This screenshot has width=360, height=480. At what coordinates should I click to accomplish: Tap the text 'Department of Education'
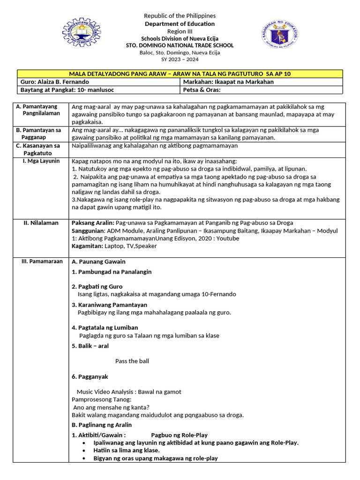(x=180, y=24)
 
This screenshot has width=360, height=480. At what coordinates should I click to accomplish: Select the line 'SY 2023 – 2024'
(x=180, y=60)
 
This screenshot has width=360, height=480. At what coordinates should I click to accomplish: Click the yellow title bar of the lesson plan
(x=180, y=74)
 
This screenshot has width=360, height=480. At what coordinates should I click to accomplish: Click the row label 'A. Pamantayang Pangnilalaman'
(x=41, y=110)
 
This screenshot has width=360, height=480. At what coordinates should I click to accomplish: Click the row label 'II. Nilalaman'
(x=41, y=223)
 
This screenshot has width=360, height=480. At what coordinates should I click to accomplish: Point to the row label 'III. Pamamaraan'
(x=42, y=262)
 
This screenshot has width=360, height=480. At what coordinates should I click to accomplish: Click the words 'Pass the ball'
(x=132, y=361)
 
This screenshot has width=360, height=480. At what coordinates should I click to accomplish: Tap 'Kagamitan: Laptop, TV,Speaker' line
(x=114, y=246)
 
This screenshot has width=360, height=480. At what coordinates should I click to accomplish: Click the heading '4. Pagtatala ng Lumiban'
(x=105, y=328)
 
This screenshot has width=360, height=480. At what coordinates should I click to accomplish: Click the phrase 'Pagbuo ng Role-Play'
(x=179, y=435)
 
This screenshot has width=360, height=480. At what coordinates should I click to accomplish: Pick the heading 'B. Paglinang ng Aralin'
(x=102, y=425)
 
